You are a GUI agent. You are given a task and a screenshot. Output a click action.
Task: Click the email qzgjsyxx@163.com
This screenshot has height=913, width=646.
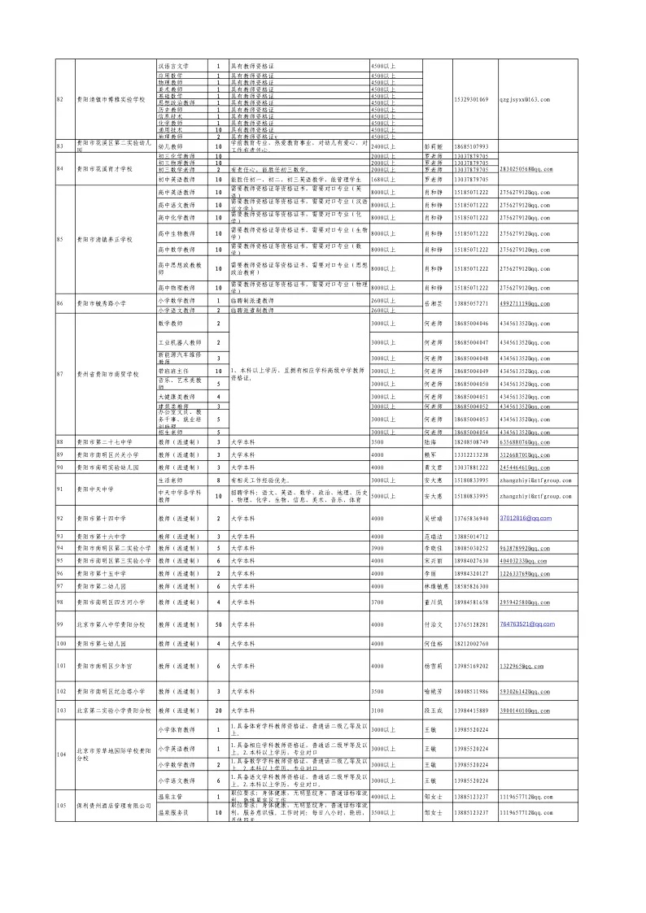525,99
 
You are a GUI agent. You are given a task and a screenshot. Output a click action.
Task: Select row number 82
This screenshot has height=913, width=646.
59,99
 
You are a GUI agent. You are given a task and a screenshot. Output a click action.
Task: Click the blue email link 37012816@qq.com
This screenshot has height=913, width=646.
525,518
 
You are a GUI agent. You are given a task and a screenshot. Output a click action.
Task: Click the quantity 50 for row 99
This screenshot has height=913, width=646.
218,624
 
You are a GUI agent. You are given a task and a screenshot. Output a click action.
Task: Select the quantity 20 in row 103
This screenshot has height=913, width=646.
218,711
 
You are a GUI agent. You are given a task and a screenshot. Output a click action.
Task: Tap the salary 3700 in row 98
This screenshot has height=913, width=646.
378,602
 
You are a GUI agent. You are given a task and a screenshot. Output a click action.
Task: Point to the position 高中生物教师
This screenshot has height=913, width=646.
177,234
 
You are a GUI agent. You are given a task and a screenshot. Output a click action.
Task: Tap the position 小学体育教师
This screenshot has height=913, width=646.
177,730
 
